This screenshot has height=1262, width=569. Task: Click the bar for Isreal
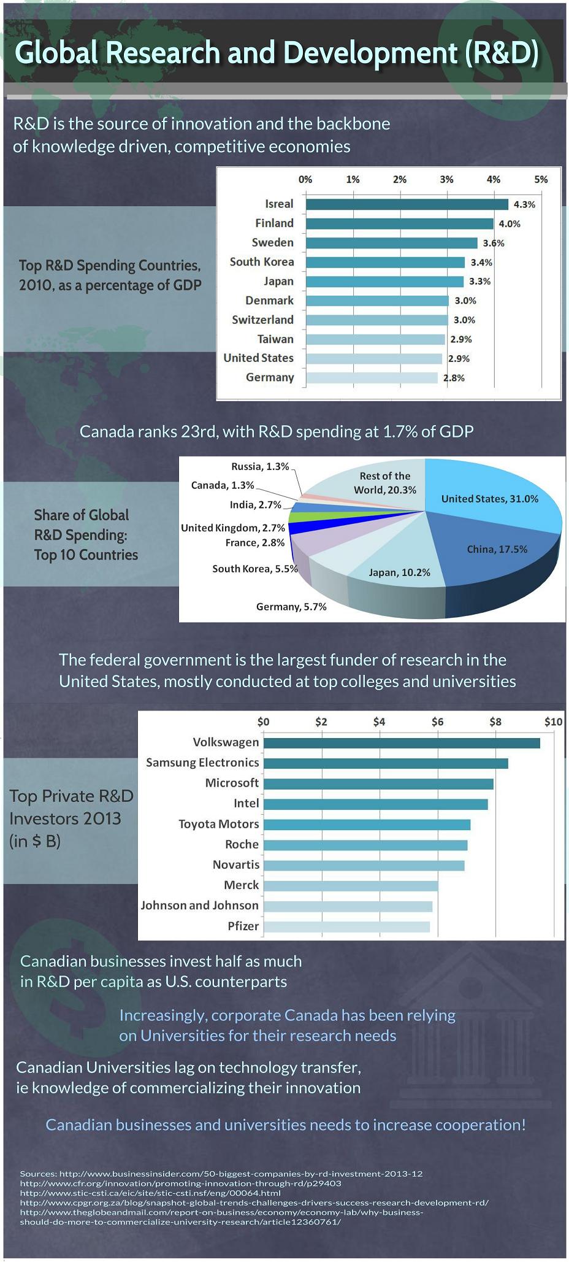click(407, 204)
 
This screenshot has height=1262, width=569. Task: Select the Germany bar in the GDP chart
click(372, 378)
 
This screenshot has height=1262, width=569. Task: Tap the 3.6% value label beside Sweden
click(493, 243)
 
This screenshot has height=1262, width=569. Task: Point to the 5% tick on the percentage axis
click(540, 180)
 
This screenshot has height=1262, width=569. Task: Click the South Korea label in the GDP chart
click(262, 262)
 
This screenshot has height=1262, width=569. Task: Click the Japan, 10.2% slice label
click(399, 572)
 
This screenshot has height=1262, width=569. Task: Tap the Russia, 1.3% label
click(260, 467)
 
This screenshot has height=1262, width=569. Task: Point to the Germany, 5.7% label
click(291, 607)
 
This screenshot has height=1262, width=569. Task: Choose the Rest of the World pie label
click(385, 483)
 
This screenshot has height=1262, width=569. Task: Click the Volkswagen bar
click(402, 743)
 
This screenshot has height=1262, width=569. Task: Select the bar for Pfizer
click(346, 926)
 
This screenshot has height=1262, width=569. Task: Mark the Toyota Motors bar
click(367, 825)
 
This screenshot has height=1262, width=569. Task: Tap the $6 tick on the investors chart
click(437, 721)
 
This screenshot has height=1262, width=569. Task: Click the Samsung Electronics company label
click(202, 763)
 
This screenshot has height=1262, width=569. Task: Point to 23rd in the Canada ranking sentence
click(199, 431)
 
